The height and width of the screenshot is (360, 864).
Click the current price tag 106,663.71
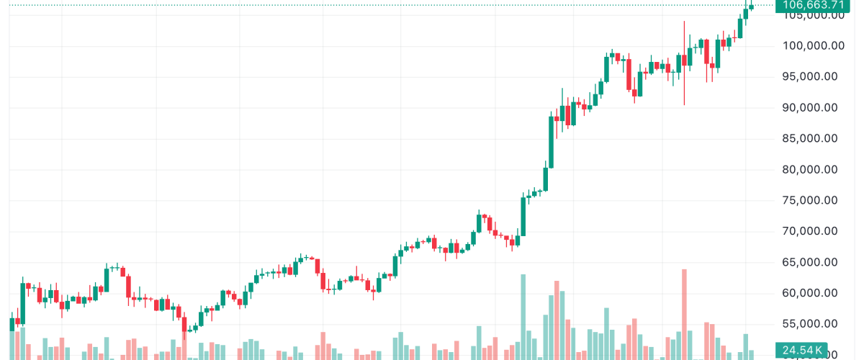point(809,5)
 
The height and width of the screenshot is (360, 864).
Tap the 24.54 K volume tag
point(800,350)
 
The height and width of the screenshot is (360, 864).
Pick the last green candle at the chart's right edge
point(752,7)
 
